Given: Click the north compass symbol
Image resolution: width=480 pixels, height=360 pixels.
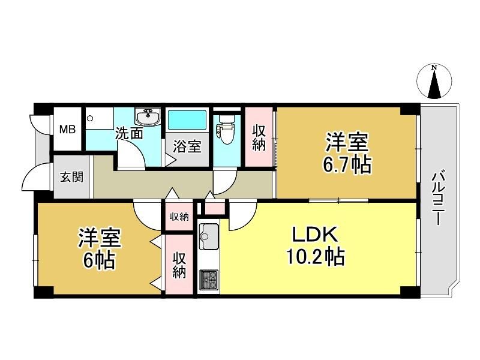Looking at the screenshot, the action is click(434, 82).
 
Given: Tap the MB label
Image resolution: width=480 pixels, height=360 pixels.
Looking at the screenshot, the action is click(67, 130).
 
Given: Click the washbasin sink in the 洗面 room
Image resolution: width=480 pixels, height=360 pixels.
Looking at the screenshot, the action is click(148, 117).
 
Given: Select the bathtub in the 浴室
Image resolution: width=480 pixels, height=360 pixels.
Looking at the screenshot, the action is click(187, 119).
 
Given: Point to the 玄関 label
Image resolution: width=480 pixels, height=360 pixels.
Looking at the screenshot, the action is click(71, 177).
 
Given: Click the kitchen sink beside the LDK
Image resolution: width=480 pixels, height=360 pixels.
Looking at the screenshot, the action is click(209, 236).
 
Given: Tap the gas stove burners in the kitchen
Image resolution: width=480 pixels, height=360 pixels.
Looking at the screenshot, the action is click(209, 280).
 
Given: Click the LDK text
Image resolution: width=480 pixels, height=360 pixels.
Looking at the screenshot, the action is click(316, 235).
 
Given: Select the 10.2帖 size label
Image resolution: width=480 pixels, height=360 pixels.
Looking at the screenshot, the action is click(316, 256).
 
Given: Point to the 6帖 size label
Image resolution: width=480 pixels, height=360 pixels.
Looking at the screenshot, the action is click(99, 260).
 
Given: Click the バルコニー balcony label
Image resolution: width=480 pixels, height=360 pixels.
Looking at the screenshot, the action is click(439, 197).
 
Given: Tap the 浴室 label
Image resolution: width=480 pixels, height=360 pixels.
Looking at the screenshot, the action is click(187, 146).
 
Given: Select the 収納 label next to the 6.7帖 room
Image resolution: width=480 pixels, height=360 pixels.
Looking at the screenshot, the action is click(259, 137).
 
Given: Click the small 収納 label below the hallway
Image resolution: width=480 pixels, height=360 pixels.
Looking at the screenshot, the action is click(179, 217).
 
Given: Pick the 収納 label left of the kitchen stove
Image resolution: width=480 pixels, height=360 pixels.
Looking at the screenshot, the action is click(179, 265).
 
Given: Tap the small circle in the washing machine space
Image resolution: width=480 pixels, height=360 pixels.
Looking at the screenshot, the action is click(89, 118).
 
